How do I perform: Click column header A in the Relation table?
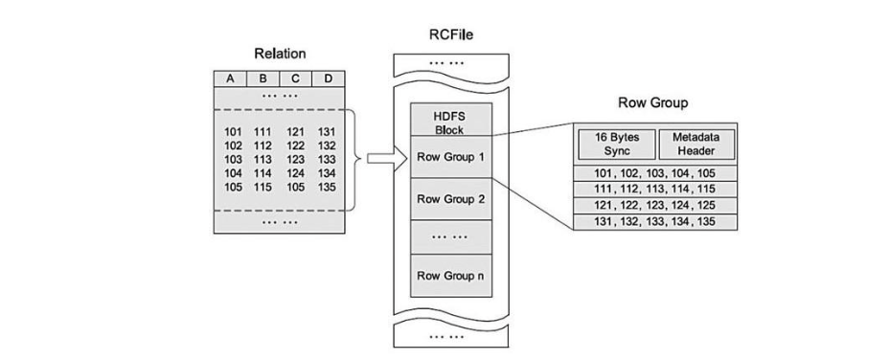pyautogui.click(x=230, y=78)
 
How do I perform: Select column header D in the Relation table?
pyautogui.click(x=328, y=78)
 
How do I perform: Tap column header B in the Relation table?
pyautogui.click(x=262, y=78)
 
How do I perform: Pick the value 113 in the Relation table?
pyautogui.click(x=262, y=159)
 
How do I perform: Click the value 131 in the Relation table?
pyautogui.click(x=328, y=132)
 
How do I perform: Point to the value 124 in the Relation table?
pyautogui.click(x=295, y=172)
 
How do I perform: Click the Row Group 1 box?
pyautogui.click(x=450, y=156)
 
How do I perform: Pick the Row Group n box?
pyautogui.click(x=450, y=276)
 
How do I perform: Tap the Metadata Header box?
pyautogui.click(x=695, y=145)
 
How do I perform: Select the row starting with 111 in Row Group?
pyautogui.click(x=656, y=189)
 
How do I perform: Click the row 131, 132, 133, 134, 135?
pyautogui.click(x=656, y=221)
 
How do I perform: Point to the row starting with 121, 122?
pyautogui.click(x=656, y=205)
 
